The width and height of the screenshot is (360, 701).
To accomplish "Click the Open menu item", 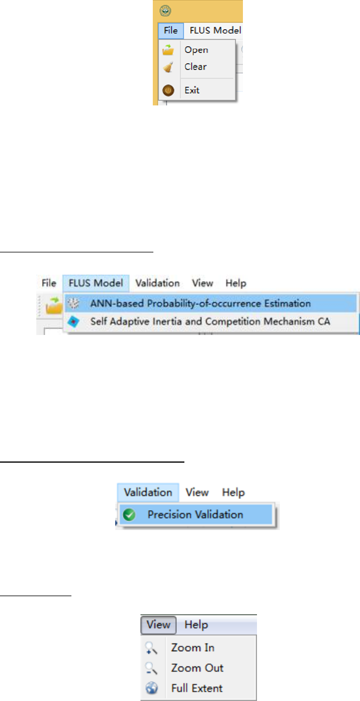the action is point(196,50).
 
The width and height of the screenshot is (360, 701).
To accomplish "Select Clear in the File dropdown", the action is point(196,67).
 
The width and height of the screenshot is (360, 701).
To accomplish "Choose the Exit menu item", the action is point(192,90).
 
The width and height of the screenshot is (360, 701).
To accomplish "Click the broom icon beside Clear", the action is point(168,67).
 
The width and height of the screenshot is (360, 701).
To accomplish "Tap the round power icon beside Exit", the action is point(168,90).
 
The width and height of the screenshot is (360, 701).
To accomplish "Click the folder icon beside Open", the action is point(168,50).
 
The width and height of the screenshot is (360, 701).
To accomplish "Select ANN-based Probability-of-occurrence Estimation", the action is point(200,303).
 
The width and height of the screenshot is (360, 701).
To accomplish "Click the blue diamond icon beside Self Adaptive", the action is point(74,321).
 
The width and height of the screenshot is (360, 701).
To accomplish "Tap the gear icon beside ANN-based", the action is point(74,303).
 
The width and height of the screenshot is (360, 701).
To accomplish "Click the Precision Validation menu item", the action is point(195,515).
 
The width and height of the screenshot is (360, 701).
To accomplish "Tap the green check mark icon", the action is point(131,515).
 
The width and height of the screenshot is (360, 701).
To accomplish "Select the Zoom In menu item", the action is point(193,648).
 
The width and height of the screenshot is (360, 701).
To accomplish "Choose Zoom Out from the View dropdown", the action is point(197,668).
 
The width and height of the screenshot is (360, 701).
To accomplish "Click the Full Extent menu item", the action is point(197,688).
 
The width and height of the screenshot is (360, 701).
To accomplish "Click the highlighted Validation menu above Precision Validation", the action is point(148,493).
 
